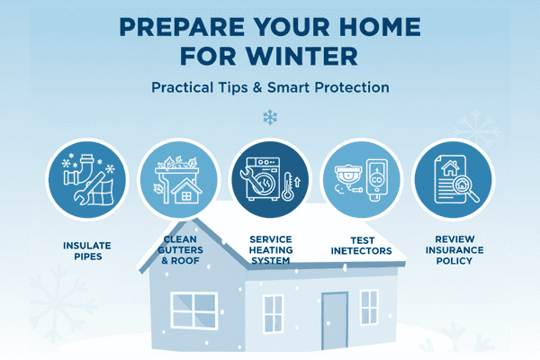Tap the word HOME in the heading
coord(380,26)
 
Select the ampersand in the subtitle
coord(257,87)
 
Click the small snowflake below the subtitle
coord(270,117)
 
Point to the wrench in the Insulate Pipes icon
coord(89,188)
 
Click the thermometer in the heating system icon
coord(287,186)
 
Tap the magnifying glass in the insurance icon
coord(465,188)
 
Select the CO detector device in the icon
coord(377,180)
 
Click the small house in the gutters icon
coord(186,191)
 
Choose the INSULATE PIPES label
coord(87,251)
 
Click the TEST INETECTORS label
coord(361,246)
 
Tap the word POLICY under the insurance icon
coord(454,261)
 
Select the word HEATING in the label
coord(271,250)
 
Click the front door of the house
coord(335,320)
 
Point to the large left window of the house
coord(194,310)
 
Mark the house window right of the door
coord(369,307)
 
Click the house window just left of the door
coord(273,313)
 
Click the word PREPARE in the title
coord(182,26)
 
